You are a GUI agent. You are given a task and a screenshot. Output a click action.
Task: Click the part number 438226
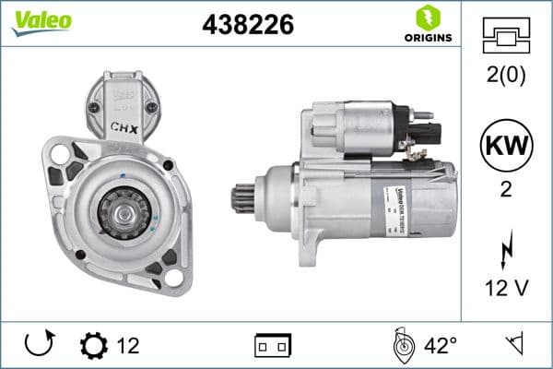coord(247,26)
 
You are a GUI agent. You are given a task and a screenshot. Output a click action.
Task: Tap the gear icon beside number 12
coord(93,346)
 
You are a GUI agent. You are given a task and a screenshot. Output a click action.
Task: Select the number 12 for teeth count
coord(128,346)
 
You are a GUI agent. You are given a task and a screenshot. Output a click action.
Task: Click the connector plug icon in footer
coord(272,346)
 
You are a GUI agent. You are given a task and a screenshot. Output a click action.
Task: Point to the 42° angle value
coord(441,346)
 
